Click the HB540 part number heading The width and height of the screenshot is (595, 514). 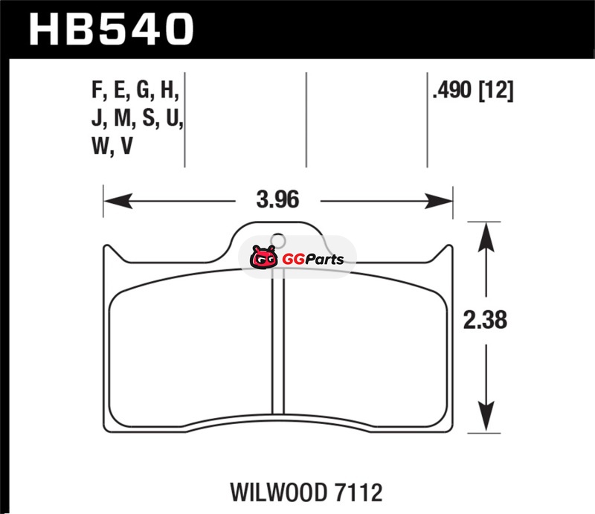[111, 30]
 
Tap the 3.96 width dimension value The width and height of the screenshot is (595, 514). [277, 199]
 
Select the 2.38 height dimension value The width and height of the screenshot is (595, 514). [485, 320]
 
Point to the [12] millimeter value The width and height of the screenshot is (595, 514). [496, 91]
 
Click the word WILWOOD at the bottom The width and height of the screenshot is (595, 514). [278, 492]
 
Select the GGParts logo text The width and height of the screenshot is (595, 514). [313, 260]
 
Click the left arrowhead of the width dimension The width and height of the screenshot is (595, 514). [118, 201]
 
